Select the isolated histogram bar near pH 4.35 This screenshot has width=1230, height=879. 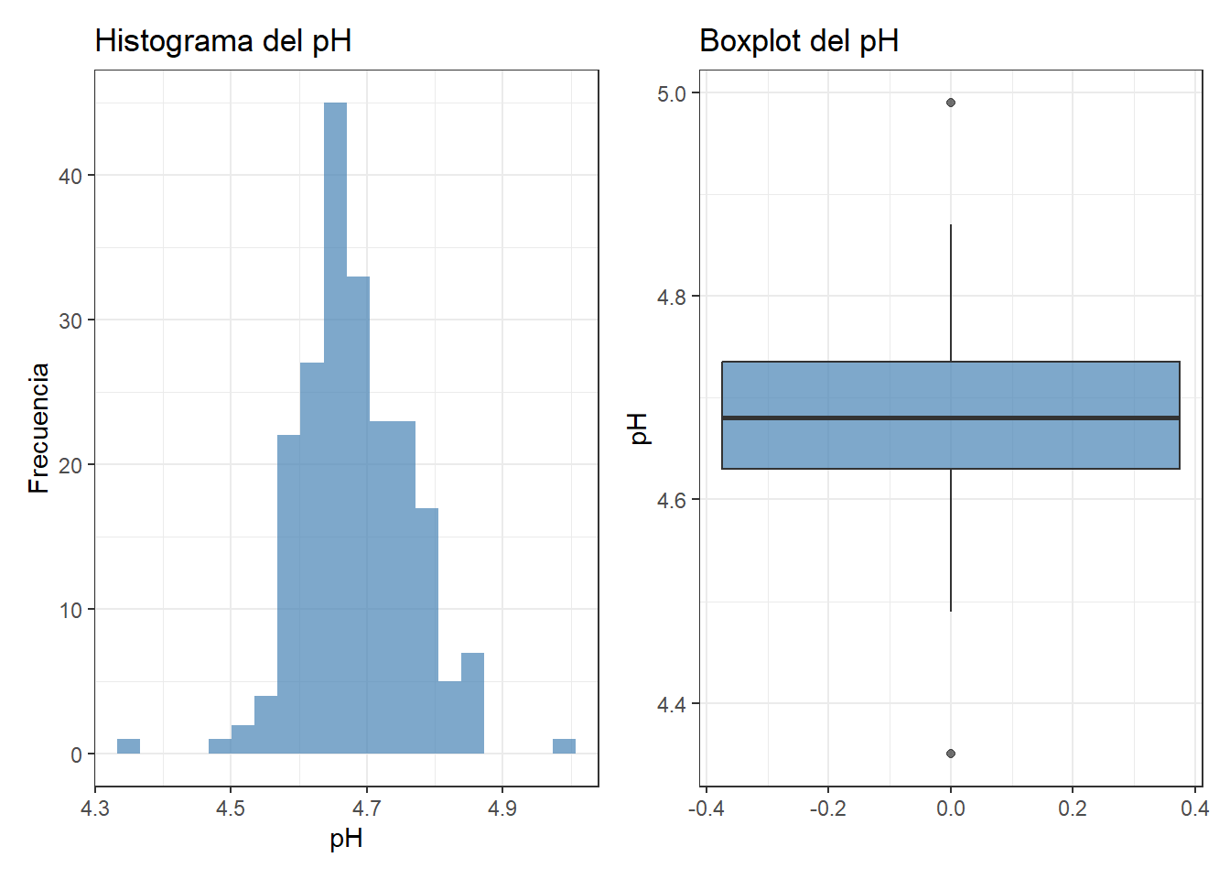(128, 746)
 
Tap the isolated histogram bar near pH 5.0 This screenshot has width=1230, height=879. (564, 746)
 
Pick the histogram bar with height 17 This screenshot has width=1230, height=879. (426, 632)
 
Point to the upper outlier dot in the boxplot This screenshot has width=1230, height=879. (951, 103)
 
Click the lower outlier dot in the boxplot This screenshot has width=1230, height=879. (951, 754)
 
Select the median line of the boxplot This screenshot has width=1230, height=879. (951, 418)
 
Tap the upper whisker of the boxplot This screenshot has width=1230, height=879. (951, 293)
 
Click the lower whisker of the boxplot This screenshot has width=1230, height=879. (951, 540)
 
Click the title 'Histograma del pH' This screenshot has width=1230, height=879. (223, 41)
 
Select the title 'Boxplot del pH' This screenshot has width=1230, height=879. (798, 41)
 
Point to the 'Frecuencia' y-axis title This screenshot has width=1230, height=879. (38, 428)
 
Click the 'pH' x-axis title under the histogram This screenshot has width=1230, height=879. (346, 839)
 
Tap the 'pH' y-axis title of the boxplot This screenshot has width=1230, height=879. (639, 428)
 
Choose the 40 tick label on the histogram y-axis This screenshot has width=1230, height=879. (70, 176)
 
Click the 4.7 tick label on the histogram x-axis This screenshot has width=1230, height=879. (366, 808)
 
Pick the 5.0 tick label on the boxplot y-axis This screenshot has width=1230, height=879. (673, 93)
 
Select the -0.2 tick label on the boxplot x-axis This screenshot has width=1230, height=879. (827, 808)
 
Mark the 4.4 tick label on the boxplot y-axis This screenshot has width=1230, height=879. (673, 704)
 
